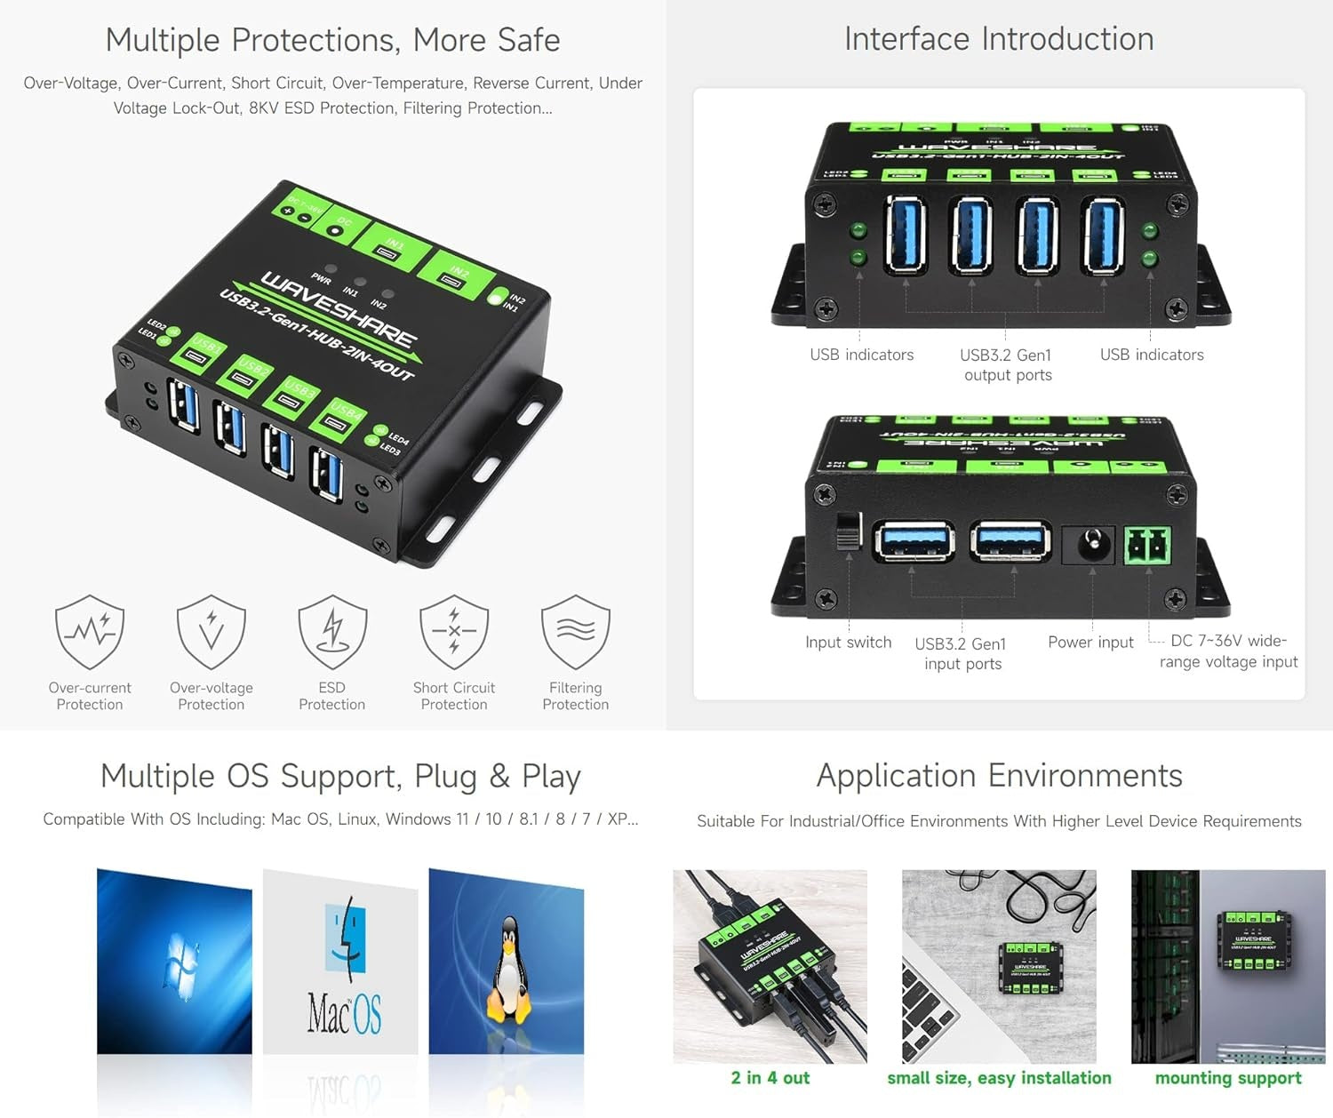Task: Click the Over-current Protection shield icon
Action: [x=90, y=632]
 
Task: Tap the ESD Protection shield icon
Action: [x=332, y=632]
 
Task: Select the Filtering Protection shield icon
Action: [x=576, y=632]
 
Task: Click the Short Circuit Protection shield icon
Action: [x=454, y=632]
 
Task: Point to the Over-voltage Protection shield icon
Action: [x=212, y=632]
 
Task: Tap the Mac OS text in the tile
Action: [x=344, y=1014]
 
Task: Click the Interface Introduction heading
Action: [x=999, y=39]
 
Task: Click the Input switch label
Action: [x=848, y=643]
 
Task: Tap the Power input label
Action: [x=1090, y=643]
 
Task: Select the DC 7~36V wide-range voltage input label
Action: [x=1228, y=651]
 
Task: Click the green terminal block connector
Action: [x=1147, y=545]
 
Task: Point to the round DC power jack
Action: [x=1090, y=544]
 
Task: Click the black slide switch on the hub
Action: [x=848, y=531]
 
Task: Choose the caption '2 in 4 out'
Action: [x=770, y=1078]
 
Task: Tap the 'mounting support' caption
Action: [x=1228, y=1078]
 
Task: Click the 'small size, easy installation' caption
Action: [x=999, y=1078]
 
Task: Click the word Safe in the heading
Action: [x=529, y=40]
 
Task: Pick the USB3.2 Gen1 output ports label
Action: [x=1007, y=365]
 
